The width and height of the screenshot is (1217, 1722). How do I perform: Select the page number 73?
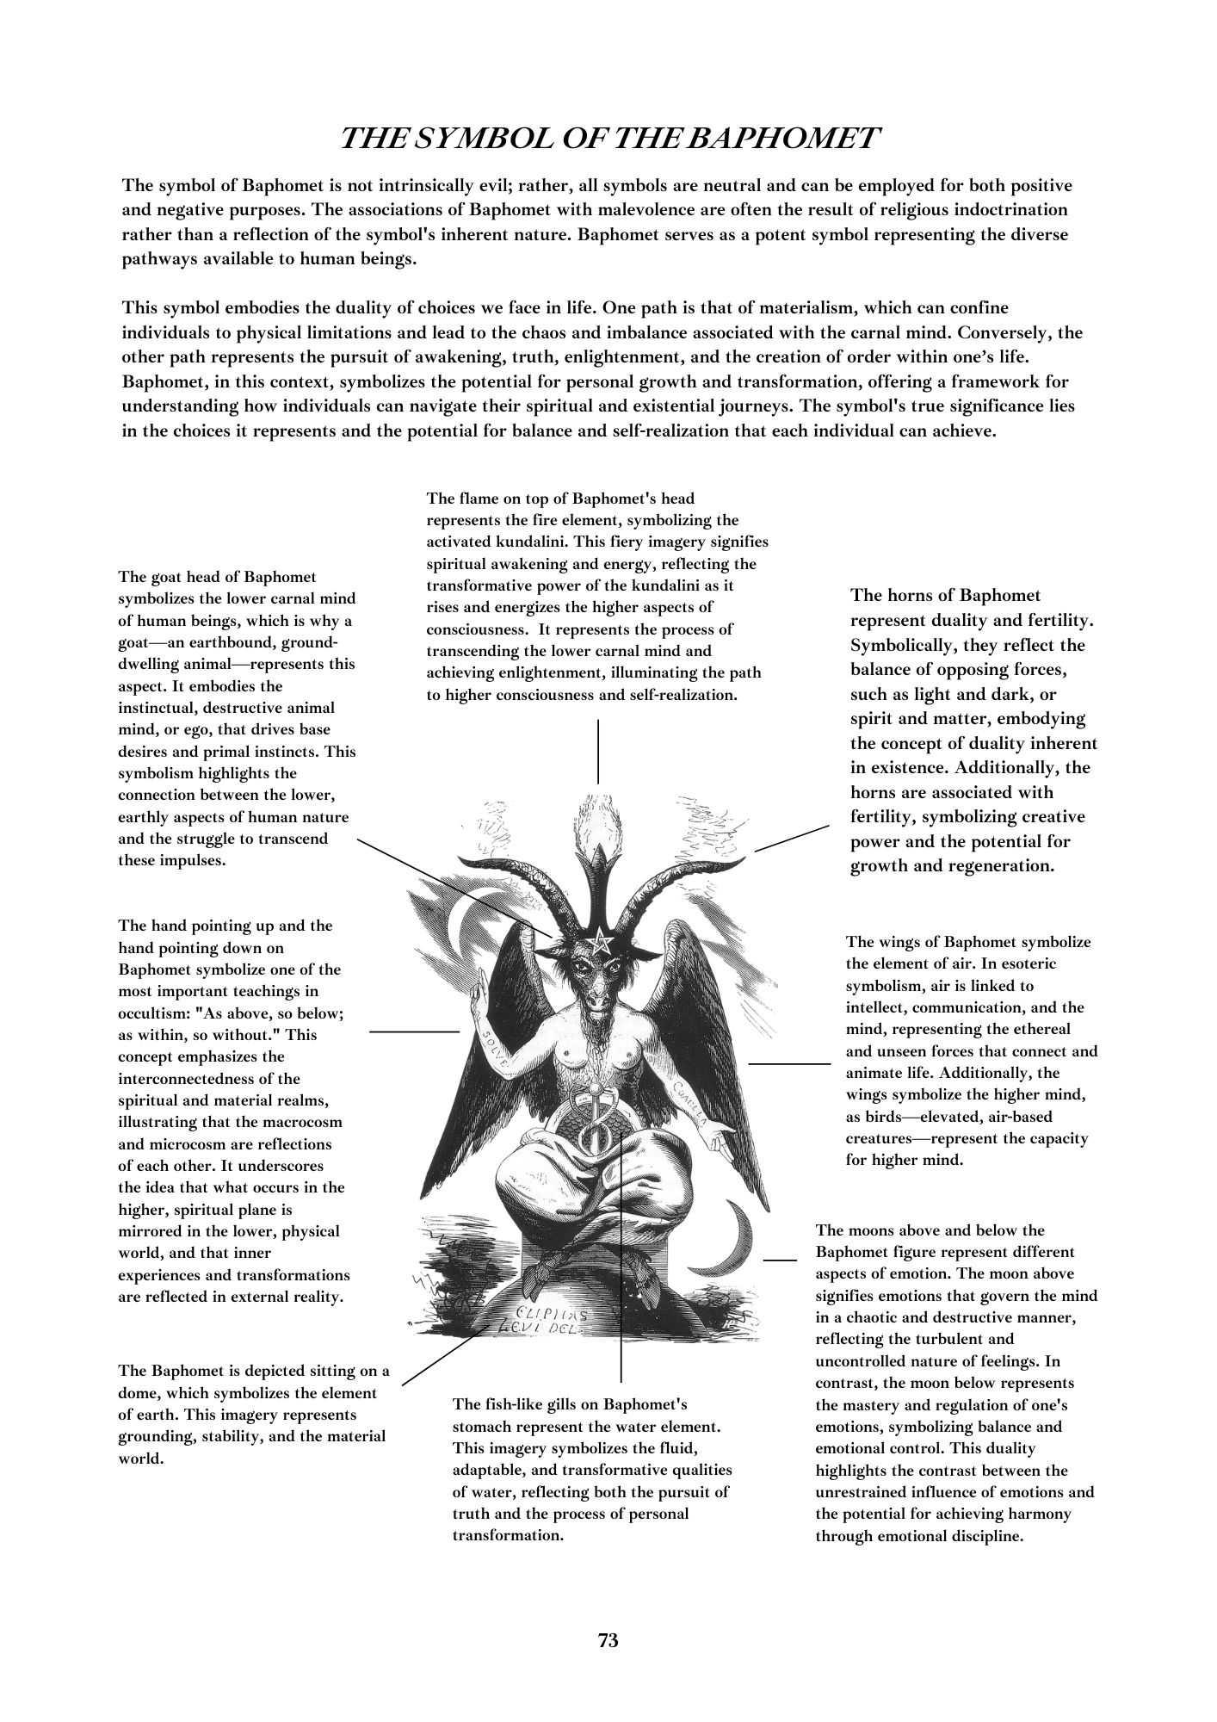608,1640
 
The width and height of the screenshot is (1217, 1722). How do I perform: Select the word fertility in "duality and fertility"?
1053,620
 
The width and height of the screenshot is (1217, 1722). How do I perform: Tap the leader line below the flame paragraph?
598,751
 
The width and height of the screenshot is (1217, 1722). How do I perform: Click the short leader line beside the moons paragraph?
779,1260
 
